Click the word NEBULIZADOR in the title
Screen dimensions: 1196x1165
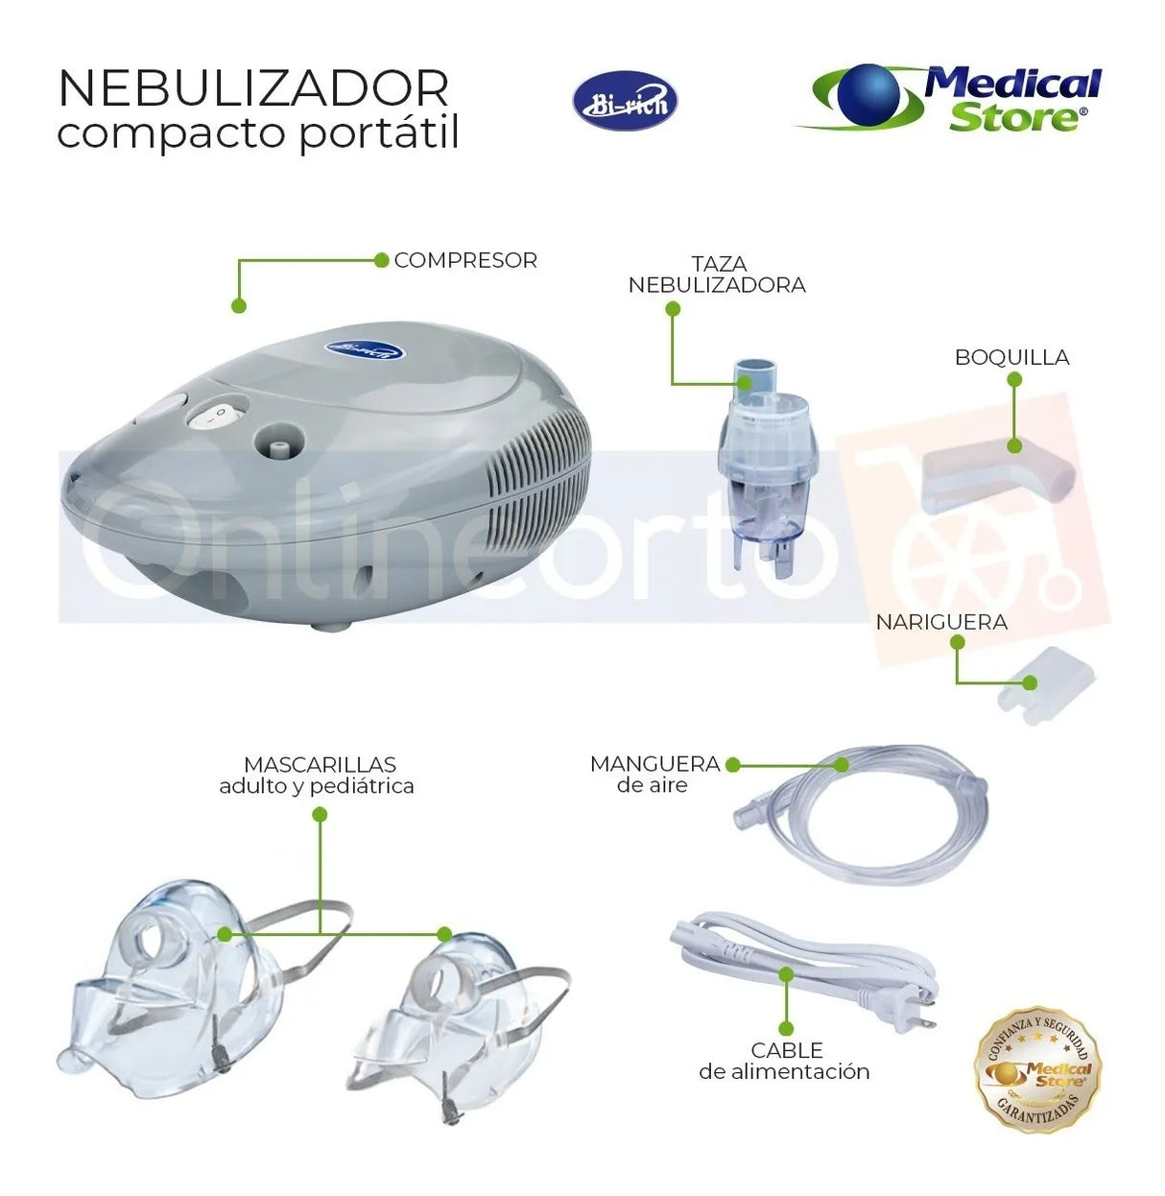click(253, 88)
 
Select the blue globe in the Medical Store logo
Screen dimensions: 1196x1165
click(868, 95)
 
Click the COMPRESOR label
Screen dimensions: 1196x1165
click(465, 260)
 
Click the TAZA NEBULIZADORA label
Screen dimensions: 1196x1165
click(717, 275)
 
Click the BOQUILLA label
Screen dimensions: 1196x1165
click(1011, 358)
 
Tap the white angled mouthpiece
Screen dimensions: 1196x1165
click(998, 476)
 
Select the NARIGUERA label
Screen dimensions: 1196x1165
click(941, 622)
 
